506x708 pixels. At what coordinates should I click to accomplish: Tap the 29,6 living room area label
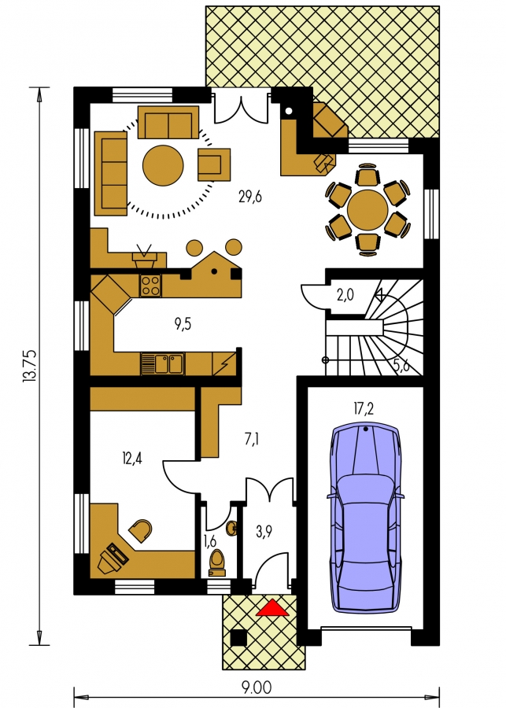click(250, 197)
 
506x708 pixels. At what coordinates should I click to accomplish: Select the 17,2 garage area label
click(364, 409)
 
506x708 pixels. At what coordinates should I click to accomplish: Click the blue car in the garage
click(365, 518)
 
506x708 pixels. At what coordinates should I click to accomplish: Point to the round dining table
click(367, 210)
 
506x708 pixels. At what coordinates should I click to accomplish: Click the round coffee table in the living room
click(163, 165)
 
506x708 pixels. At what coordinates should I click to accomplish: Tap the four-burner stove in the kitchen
click(150, 286)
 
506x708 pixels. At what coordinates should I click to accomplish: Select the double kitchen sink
click(163, 364)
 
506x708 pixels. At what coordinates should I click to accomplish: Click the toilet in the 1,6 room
click(217, 563)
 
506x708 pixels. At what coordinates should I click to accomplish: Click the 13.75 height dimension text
click(29, 367)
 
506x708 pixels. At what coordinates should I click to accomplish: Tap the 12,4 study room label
click(132, 459)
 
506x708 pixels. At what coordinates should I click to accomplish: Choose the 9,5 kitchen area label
click(183, 324)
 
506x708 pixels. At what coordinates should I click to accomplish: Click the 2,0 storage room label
click(345, 295)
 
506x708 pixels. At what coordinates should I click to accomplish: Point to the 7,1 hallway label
click(252, 438)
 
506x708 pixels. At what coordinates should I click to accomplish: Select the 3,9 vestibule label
click(264, 532)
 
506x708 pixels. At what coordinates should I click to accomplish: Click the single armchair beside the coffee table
click(214, 164)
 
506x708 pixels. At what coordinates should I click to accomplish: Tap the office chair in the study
click(141, 531)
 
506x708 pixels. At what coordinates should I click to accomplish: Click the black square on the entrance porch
click(238, 637)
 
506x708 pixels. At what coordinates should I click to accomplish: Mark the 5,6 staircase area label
click(401, 365)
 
